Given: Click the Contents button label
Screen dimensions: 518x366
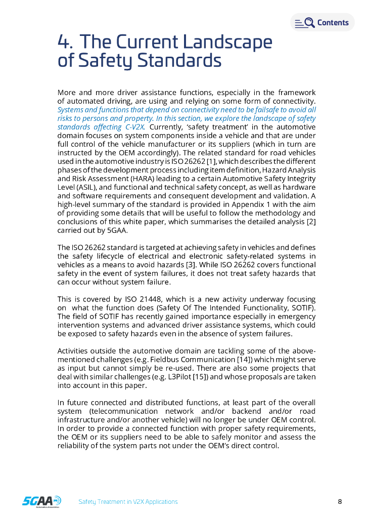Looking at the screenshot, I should coord(333,23).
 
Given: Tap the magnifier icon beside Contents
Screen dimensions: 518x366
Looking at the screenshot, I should coord(309,23).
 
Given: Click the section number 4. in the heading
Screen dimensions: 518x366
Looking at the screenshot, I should coord(66,42).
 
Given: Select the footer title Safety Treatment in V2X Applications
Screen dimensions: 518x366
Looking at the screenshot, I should coord(128,502).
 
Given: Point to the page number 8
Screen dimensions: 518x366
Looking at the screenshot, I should coord(340,502).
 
